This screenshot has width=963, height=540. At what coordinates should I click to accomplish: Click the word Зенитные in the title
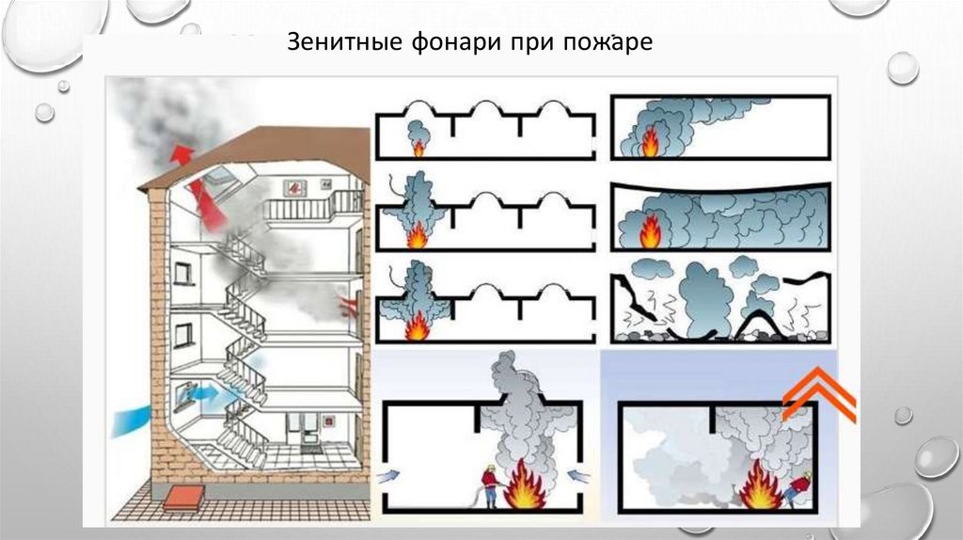[x=328, y=44]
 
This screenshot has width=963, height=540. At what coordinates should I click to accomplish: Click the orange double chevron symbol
[x=817, y=396]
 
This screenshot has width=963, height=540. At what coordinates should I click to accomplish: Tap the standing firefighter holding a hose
[x=489, y=486]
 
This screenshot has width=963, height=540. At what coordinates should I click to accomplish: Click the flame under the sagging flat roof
[x=650, y=232]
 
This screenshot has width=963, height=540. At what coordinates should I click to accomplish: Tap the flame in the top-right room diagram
[x=650, y=144]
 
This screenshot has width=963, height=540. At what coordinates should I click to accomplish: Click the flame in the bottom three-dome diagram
[x=416, y=326]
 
